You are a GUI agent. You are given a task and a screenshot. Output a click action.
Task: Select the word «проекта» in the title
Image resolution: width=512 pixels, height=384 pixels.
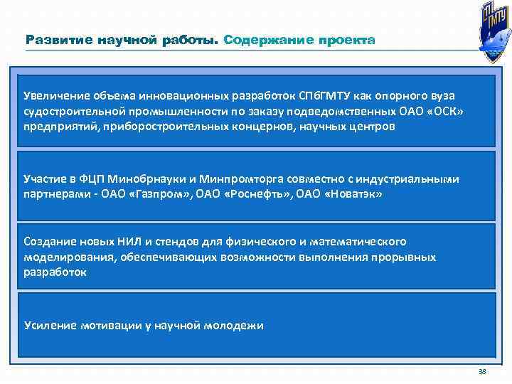(x=348, y=41)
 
